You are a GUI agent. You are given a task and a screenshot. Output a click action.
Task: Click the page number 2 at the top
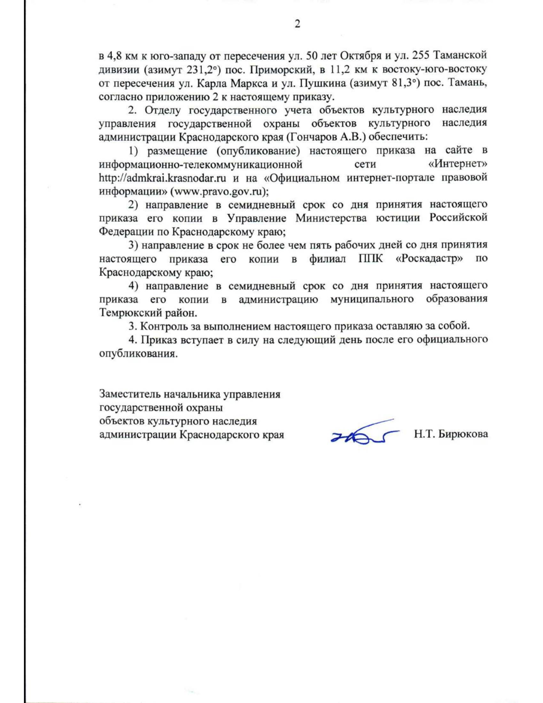point(297,24)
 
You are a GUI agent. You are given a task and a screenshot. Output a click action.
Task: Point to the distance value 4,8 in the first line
point(113,57)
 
